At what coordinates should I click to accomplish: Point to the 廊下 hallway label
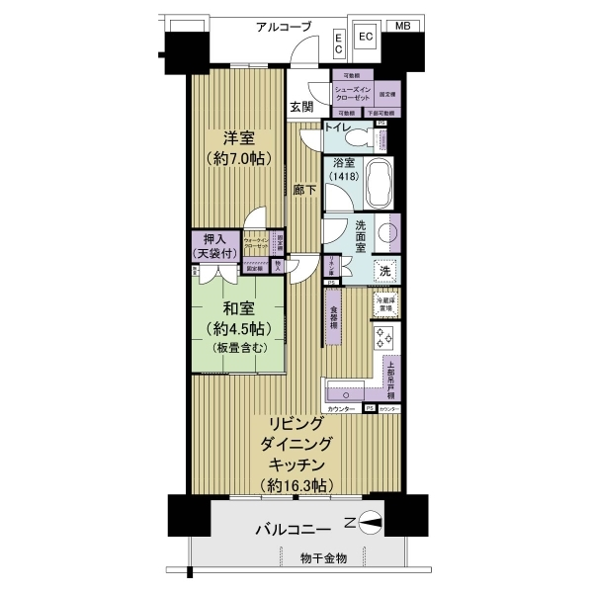click(x=304, y=191)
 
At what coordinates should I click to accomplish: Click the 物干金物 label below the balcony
click(x=323, y=558)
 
